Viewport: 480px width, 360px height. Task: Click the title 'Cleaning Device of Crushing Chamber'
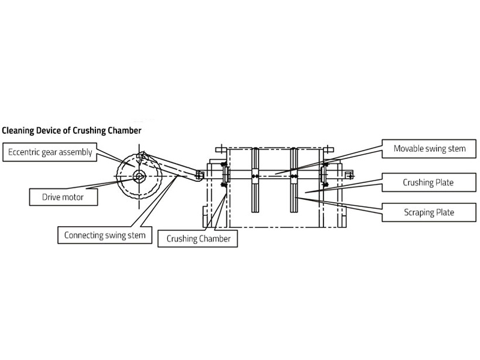pos(72,129)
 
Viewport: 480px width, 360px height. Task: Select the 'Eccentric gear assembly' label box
pos(50,152)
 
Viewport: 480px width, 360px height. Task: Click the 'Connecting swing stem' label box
pos(104,235)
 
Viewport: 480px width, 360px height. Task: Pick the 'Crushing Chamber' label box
pos(198,239)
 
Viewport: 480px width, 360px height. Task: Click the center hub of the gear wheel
pos(139,176)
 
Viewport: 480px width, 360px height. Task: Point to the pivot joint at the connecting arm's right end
pos(199,175)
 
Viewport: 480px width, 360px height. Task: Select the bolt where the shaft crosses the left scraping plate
pos(255,176)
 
